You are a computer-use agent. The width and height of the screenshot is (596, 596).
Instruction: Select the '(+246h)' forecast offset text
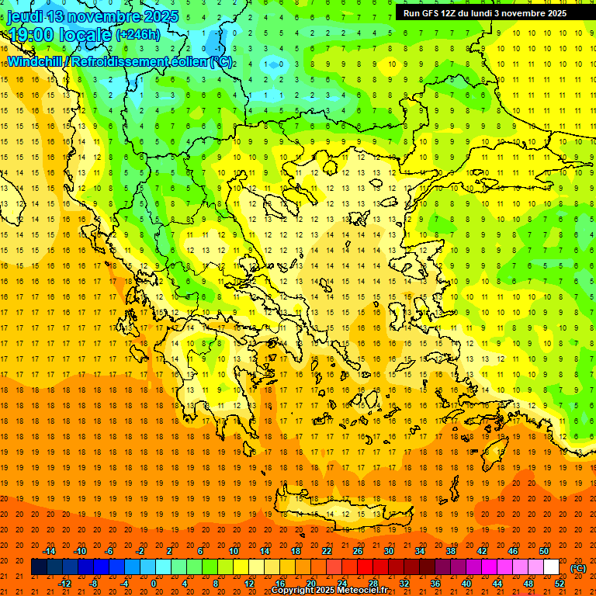point(138,35)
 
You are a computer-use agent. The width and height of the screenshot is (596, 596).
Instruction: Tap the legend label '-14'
point(49,551)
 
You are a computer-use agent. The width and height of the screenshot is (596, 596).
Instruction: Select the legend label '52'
point(560,584)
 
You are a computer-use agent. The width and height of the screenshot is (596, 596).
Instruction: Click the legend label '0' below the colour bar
point(154,584)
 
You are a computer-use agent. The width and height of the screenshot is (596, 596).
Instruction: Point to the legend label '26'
point(358,551)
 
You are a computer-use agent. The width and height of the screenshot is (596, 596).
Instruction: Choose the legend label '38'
point(450,551)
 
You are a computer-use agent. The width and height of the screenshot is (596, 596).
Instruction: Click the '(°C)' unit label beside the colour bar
point(578,568)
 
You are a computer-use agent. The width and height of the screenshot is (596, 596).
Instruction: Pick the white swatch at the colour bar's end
point(551,567)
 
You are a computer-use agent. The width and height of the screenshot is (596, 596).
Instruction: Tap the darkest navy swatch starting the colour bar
point(39,567)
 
